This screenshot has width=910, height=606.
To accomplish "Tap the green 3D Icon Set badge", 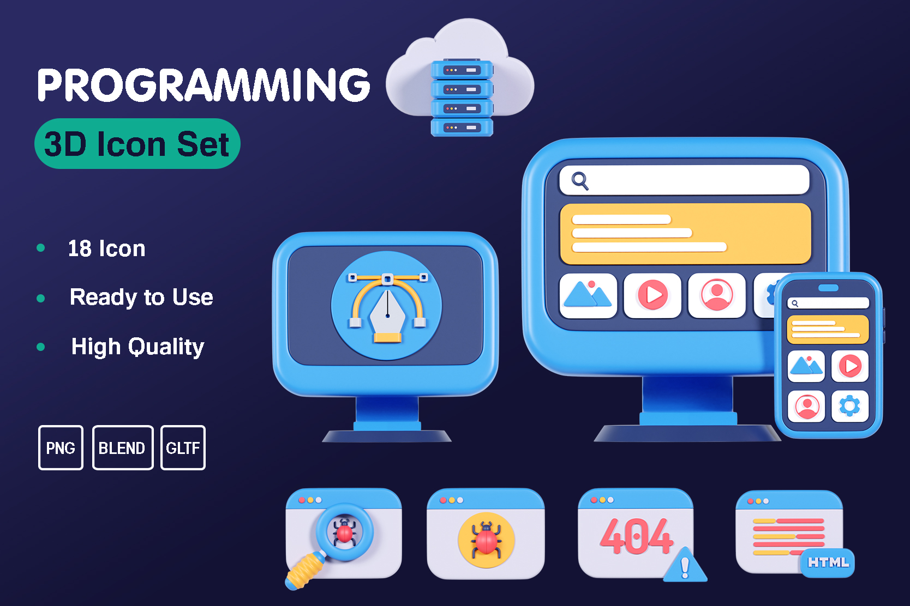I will point(137,144).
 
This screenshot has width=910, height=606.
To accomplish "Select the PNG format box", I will point(61,448).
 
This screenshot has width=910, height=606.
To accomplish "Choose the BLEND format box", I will point(122,448).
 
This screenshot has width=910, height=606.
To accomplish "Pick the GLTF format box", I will point(183,448).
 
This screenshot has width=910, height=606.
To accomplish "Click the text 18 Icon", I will point(106,249).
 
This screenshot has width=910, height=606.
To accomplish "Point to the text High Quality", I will point(137,347).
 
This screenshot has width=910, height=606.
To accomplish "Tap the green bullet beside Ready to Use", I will point(40,298).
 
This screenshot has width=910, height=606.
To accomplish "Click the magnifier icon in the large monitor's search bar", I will point(579,180).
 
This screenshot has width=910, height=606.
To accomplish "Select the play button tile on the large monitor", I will point(652,295).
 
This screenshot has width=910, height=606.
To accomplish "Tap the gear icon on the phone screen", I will point(849,406).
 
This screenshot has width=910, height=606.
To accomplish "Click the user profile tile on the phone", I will point(806,406).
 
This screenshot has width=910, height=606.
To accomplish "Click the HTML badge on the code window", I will point(828,562).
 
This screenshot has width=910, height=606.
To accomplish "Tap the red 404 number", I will point(636,536).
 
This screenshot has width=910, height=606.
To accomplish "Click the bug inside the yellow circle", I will point(486,540).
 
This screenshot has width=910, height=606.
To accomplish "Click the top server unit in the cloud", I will point(462,70).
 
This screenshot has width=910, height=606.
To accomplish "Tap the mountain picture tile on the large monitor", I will point(588,295).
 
